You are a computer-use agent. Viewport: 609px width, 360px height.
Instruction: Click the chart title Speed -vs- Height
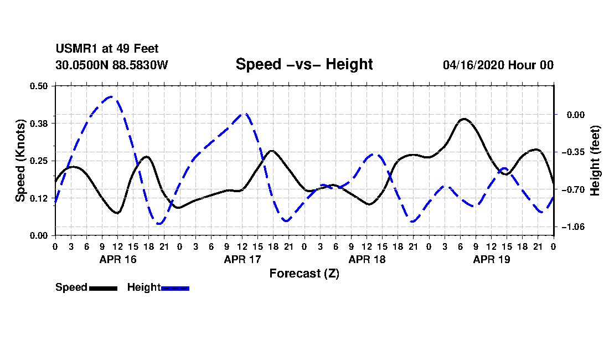(x=304, y=64)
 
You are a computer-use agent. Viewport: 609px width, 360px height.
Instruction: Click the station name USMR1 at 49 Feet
(x=107, y=49)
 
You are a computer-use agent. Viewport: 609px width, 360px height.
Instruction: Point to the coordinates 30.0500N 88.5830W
(x=111, y=65)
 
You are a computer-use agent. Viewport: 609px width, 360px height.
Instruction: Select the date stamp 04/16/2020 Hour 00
(x=498, y=65)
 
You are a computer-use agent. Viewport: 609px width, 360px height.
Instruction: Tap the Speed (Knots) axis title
(x=20, y=161)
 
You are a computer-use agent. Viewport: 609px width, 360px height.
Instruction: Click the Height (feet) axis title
(x=595, y=161)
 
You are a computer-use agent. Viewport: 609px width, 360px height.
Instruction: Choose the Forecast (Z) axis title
(x=304, y=274)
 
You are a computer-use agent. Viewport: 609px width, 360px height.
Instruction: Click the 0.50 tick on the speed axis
(x=39, y=86)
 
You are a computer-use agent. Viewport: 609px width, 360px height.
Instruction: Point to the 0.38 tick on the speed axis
(x=39, y=124)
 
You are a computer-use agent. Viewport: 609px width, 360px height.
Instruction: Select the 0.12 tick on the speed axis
(x=39, y=198)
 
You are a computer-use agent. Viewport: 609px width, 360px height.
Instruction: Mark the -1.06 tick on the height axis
(x=573, y=227)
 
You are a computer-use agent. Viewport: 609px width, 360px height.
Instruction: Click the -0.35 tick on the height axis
(x=573, y=152)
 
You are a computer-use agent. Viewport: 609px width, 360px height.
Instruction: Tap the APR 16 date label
(x=118, y=259)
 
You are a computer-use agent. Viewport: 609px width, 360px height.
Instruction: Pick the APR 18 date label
(x=367, y=259)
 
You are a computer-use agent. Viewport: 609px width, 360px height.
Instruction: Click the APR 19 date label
(x=491, y=259)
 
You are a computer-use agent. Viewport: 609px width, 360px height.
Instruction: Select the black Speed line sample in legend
(x=103, y=288)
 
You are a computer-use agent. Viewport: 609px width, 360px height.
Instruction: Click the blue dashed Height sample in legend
(x=175, y=288)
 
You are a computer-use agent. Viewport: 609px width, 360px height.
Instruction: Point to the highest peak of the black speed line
(x=464, y=119)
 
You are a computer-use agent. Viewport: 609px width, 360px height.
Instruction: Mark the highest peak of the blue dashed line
(x=111, y=96)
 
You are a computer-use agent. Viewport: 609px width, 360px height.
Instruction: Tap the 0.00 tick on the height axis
(x=576, y=115)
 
